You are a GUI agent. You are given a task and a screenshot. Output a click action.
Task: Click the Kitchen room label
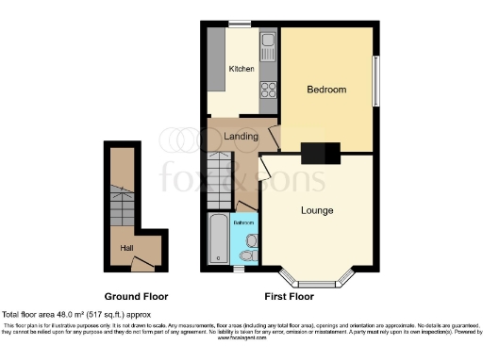coord(241,69)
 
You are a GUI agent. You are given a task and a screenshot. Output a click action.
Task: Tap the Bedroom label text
coord(326,90)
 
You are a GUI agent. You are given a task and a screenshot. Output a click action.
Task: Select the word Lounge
coord(316,209)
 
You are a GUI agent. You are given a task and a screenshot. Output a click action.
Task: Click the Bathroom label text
coord(244,223)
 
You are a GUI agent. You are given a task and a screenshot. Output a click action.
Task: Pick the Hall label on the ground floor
coord(125,247)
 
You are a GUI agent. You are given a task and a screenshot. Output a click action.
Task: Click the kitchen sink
coord(267,42)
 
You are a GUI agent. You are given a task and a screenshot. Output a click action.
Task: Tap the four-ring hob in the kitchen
coord(267,90)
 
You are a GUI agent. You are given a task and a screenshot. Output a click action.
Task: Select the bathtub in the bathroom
coord(218,239)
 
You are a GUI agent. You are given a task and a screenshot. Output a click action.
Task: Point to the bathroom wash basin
coord(250,239)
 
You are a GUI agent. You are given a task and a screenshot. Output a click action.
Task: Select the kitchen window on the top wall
coord(241,23)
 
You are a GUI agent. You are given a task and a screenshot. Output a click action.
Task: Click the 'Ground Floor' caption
coord(129,296)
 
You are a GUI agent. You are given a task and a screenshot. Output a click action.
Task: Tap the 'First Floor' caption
coord(289,296)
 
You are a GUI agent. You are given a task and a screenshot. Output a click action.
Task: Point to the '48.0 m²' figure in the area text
coord(63,314)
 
